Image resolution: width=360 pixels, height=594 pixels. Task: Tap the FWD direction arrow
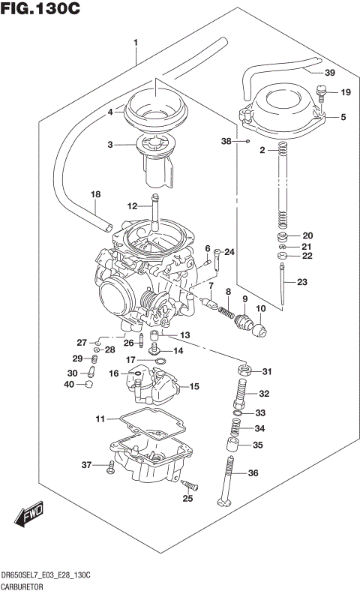(x=28, y=514)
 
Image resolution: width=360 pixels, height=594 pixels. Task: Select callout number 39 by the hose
(x=329, y=73)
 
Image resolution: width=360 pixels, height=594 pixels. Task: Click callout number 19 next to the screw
(x=344, y=92)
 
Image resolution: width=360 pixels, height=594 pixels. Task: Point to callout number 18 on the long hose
(x=95, y=194)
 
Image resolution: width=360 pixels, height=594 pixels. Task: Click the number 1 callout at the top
(x=135, y=43)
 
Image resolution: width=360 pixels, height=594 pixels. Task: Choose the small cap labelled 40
(x=88, y=385)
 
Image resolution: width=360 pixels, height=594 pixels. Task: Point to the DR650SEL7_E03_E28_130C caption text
(x=46, y=574)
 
